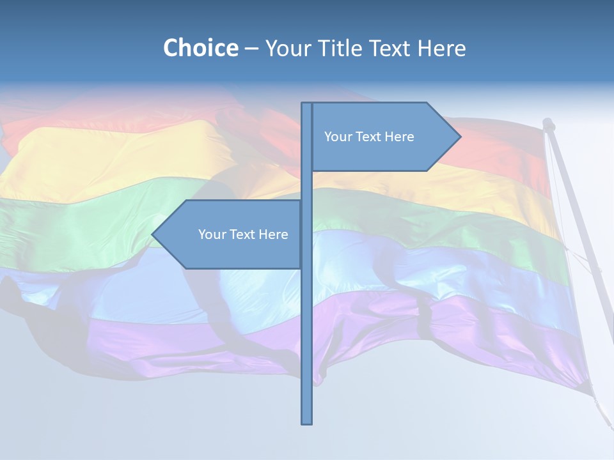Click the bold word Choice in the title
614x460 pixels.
[x=200, y=48]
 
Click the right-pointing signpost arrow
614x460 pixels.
[x=384, y=137]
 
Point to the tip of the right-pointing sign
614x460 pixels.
[x=459, y=137]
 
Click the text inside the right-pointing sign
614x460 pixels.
[x=369, y=137]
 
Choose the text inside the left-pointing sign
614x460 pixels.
[x=243, y=234]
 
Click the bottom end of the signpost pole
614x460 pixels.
[x=307, y=422]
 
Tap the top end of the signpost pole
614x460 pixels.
[x=307, y=105]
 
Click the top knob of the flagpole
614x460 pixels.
[x=547, y=123]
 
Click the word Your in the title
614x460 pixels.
[x=286, y=48]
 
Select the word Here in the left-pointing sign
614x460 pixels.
[x=274, y=234]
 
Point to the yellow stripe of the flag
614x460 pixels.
[x=115, y=153]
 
